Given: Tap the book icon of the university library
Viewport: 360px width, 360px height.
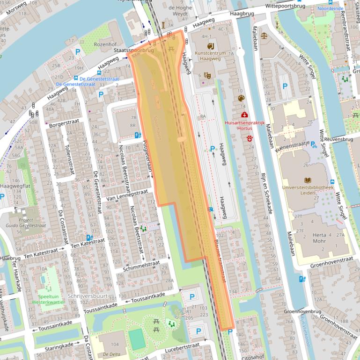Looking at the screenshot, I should (x=308, y=180).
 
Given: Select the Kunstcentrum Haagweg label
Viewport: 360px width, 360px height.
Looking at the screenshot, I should (x=210, y=56).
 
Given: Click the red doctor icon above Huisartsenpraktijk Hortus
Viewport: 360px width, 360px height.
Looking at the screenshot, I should (x=244, y=115).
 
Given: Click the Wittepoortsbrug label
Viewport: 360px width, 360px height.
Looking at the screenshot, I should (x=286, y=7).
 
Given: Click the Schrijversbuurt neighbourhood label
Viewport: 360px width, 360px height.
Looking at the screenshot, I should (x=88, y=296).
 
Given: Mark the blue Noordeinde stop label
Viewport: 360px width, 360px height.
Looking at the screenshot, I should (x=330, y=8).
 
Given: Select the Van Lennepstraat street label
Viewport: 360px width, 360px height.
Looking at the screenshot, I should (x=124, y=195).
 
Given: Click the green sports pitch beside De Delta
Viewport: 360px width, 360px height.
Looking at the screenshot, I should (x=137, y=339).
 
